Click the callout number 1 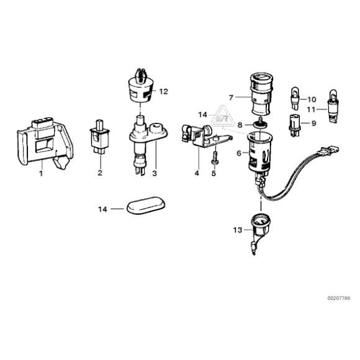point(42,173)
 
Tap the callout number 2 point(99,173)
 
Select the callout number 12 point(163,91)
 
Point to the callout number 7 point(231,97)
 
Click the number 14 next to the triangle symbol point(202,115)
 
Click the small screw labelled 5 point(215,159)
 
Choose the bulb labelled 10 point(295,97)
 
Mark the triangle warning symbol point(220,115)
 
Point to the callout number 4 point(196,173)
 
